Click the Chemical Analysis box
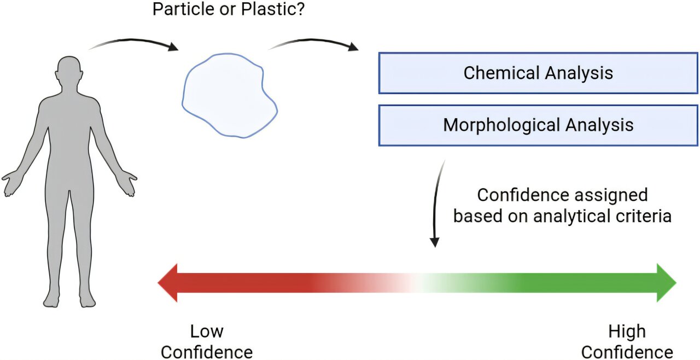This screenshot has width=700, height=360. point(538,73)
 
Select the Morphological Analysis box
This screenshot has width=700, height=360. point(538,125)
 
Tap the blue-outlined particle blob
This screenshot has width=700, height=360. point(230,95)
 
